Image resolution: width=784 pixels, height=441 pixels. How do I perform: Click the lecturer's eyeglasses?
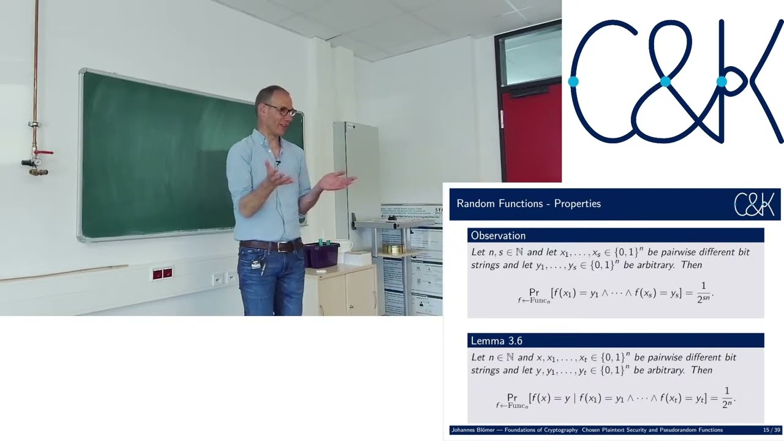[x=282, y=111]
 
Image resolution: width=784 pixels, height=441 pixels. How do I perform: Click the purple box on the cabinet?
[x=321, y=255]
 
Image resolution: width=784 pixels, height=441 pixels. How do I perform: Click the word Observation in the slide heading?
[x=498, y=236]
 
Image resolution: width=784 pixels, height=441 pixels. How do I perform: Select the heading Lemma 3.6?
[x=496, y=341]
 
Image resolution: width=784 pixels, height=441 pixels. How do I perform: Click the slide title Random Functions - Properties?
[x=529, y=204]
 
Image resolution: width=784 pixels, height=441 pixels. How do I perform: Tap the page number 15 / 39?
[x=771, y=430]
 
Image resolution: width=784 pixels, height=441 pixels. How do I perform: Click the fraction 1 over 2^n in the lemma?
[x=727, y=398]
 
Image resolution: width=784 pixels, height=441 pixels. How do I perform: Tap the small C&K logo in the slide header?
[x=754, y=205]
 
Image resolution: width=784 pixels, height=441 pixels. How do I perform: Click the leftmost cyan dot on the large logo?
[x=573, y=81]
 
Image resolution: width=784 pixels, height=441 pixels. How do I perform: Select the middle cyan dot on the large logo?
[x=665, y=81]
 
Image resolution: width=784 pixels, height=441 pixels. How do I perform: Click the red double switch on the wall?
[x=162, y=273]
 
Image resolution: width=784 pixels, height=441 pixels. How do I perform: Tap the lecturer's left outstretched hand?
[x=336, y=181]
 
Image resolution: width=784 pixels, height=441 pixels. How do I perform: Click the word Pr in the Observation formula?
[x=534, y=293]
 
